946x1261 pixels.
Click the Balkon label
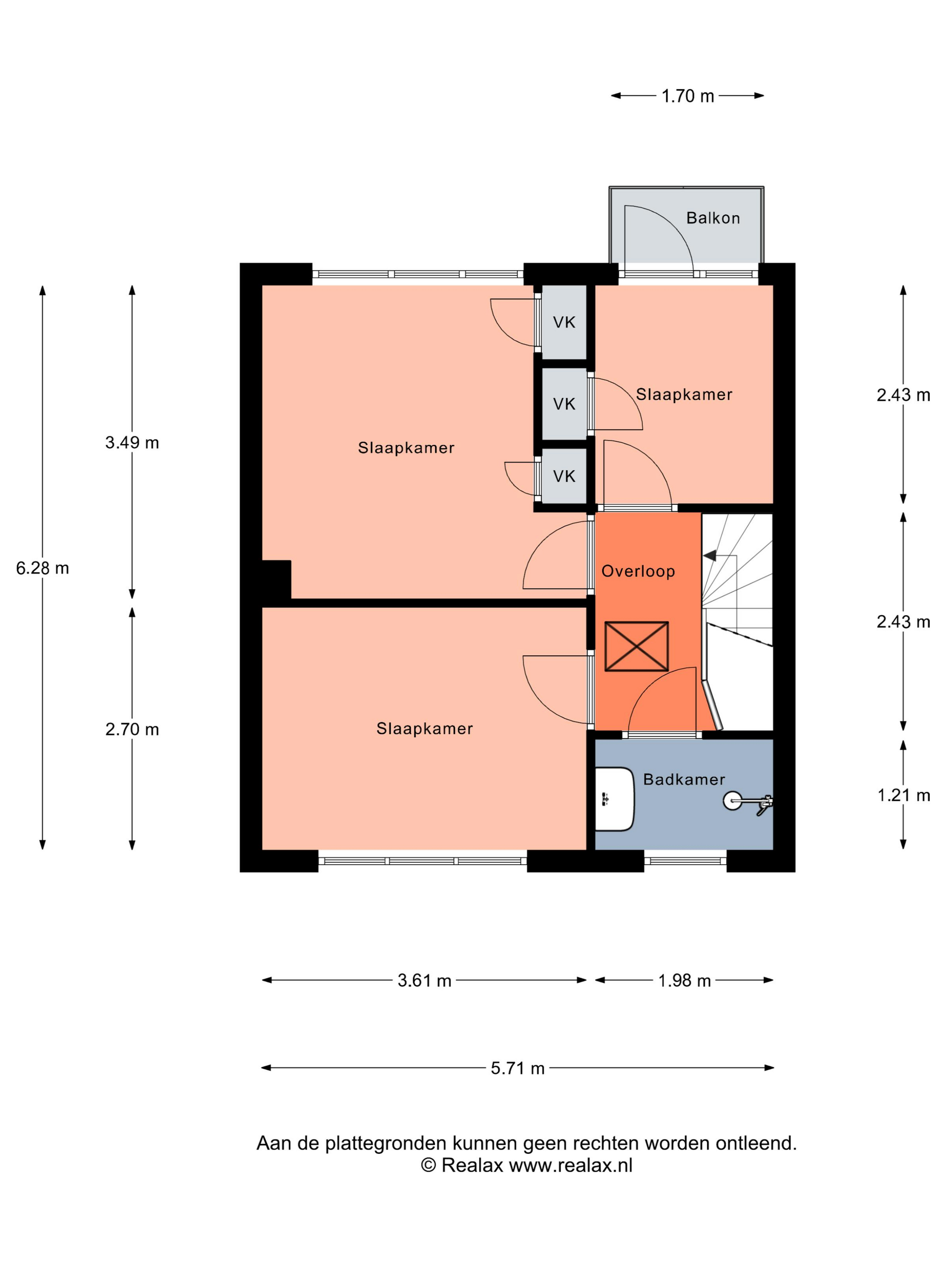[713, 218]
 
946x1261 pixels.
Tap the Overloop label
[638, 571]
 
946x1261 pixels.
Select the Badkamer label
[684, 779]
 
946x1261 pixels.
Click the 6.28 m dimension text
[42, 568]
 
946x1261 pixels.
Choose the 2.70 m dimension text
[132, 729]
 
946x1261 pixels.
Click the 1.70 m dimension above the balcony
[688, 96]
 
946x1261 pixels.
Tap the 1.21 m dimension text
[903, 795]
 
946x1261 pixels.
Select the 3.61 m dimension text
[424, 980]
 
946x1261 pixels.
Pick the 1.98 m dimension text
[684, 980]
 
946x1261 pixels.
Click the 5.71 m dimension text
[518, 1068]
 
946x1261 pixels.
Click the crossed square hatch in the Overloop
[637, 646]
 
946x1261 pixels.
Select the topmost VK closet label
[564, 322]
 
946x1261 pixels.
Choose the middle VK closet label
[564, 404]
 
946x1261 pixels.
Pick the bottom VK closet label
[564, 476]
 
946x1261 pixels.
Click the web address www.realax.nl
[571, 1165]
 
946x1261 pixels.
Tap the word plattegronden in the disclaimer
[386, 1143]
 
